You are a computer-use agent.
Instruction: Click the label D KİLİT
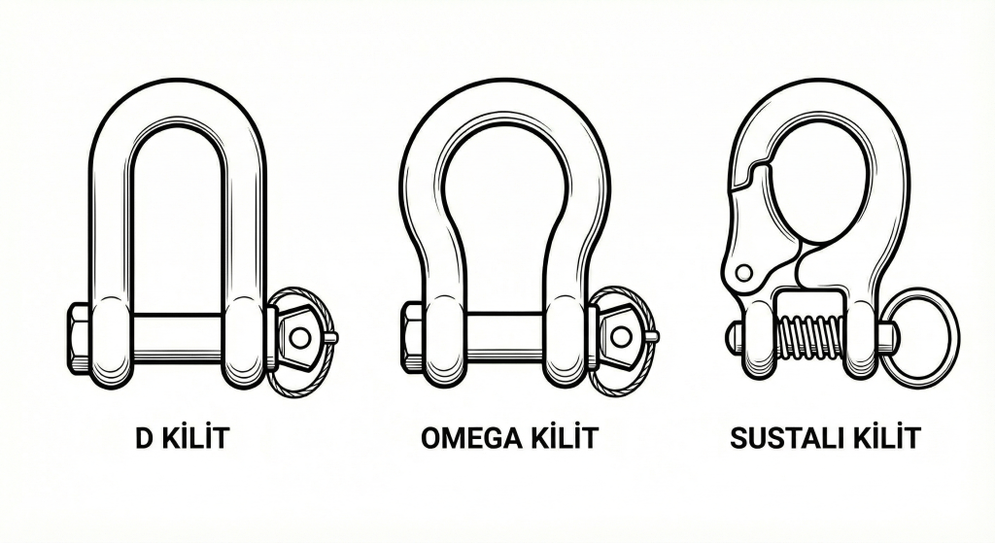[183, 438]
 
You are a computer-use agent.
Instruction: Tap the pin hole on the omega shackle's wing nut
[620, 337]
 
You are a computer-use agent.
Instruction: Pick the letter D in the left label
[143, 438]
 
